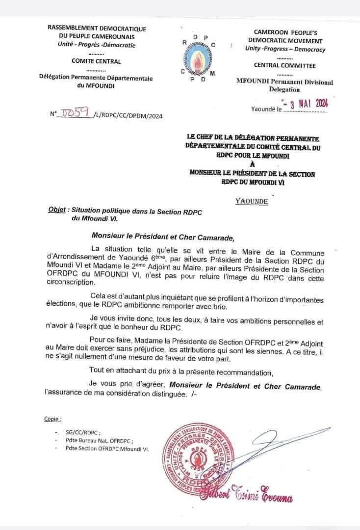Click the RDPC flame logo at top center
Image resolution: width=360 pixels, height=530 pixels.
(x=199, y=58)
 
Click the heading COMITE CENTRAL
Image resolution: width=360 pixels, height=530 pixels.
(x=96, y=61)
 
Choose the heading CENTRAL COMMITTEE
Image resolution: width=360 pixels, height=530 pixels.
(x=285, y=65)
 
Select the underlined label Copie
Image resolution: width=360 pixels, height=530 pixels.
(x=53, y=420)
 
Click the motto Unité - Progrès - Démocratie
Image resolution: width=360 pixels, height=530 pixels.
(x=97, y=45)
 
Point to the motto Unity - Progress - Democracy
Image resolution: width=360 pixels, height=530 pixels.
(x=285, y=49)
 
